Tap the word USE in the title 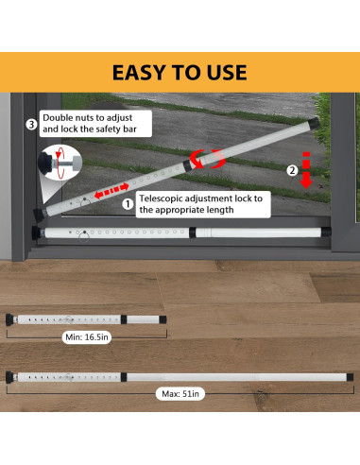coord(224,73)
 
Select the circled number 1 coord(127,201)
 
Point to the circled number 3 coord(31,123)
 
